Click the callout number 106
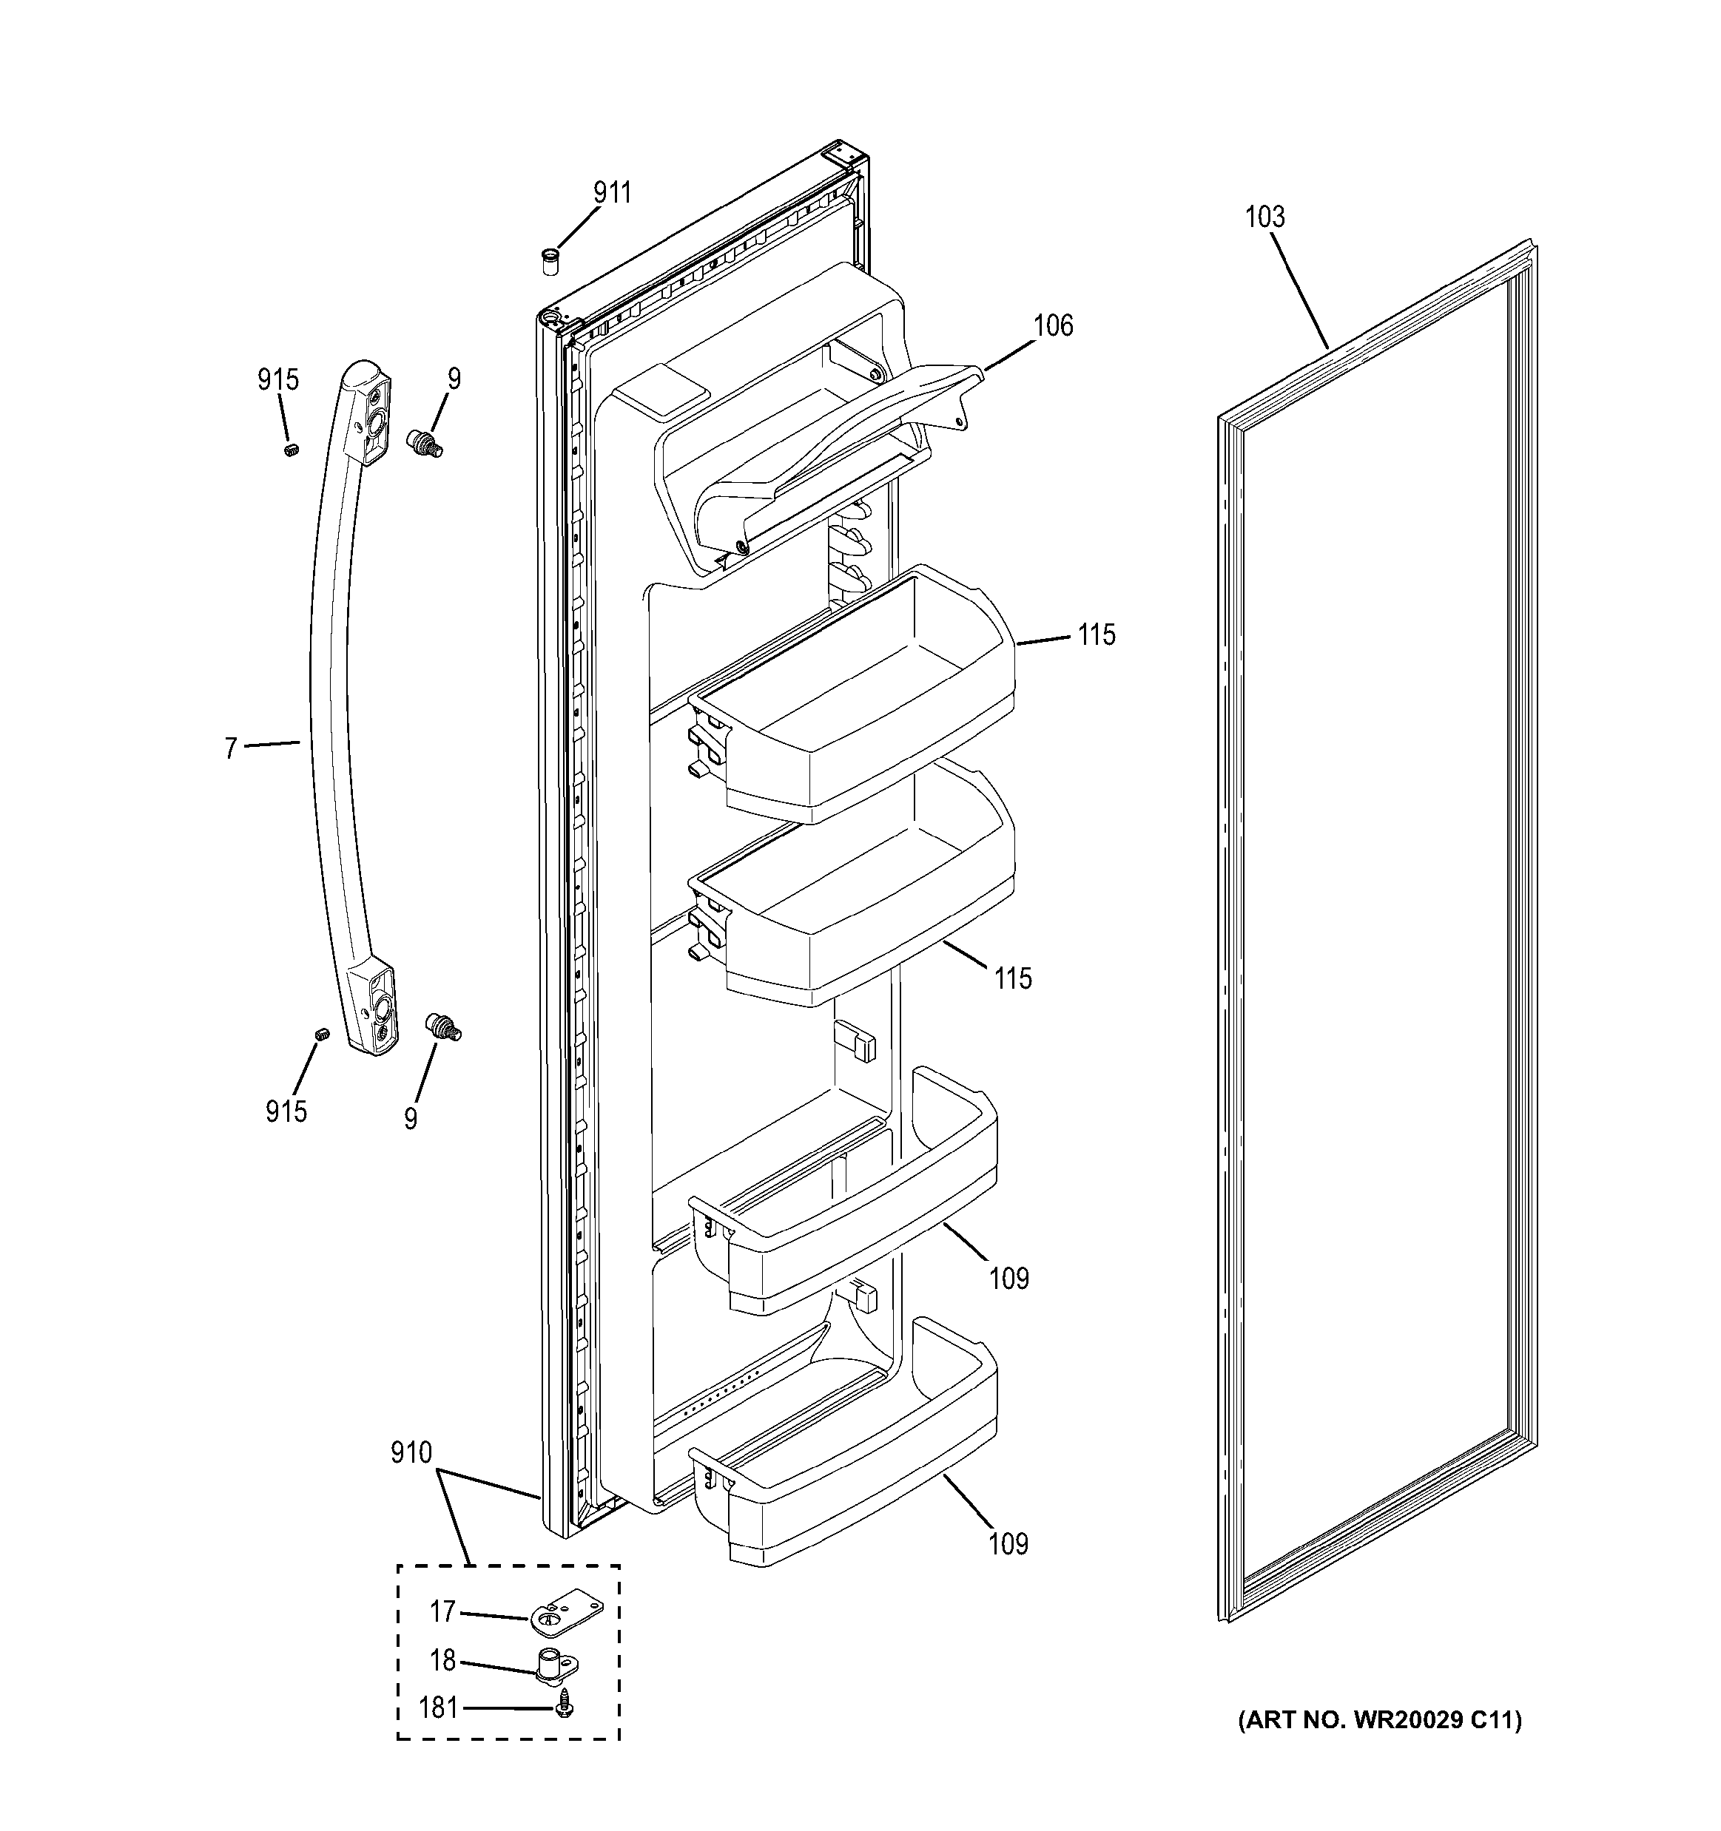[x=1053, y=325]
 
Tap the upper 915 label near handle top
[x=278, y=379]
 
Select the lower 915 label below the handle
[x=286, y=1111]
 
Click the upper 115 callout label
[x=1097, y=634]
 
